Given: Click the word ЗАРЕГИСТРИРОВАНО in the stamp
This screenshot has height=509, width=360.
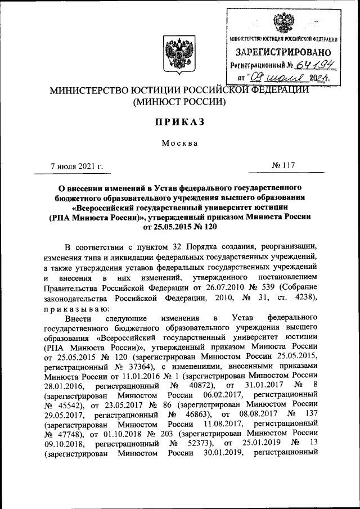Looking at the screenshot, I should click(x=284, y=52).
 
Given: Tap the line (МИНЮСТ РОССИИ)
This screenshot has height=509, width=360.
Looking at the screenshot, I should click(x=179, y=102).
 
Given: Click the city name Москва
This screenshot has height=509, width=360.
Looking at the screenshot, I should click(x=179, y=143).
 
